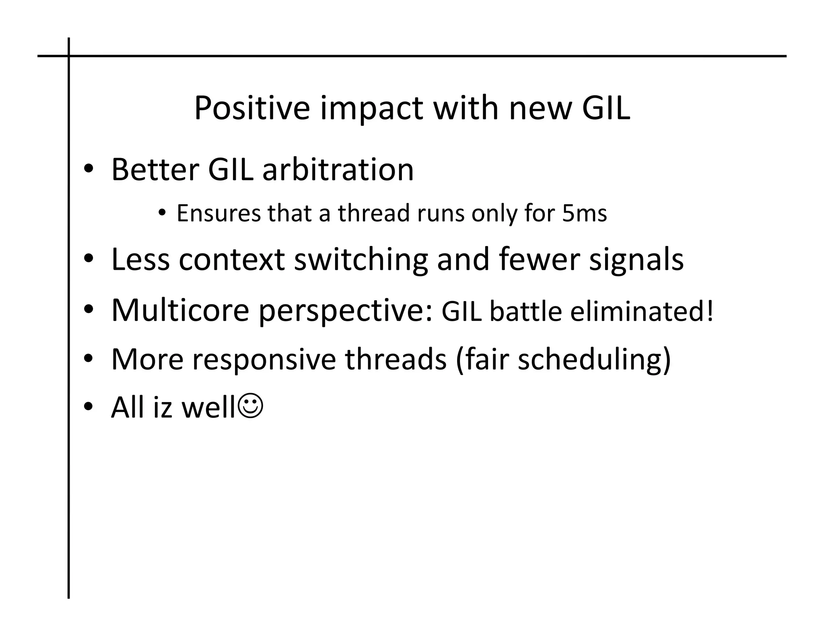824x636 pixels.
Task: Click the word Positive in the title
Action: point(252,108)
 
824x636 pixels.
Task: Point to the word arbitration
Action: point(338,170)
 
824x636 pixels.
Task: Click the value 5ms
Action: point(584,213)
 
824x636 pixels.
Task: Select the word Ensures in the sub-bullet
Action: point(218,213)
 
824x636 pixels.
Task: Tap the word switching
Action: point(361,260)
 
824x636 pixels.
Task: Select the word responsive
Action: point(264,359)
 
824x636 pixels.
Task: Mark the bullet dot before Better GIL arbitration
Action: point(88,170)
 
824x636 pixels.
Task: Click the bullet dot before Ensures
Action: point(161,213)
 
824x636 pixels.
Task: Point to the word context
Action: point(232,260)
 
